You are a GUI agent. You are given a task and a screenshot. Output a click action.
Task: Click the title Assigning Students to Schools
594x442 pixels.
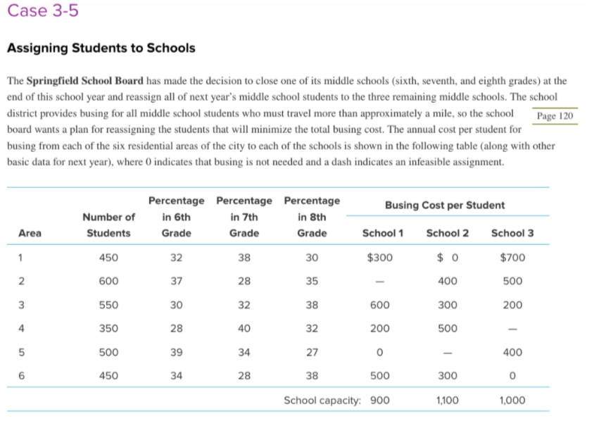pos(101,49)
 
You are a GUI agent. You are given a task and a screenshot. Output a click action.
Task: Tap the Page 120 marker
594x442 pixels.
pos(555,116)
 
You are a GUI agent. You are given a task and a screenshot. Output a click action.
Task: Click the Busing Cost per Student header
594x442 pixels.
pos(445,205)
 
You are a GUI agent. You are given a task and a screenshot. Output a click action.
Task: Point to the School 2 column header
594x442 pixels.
pos(447,233)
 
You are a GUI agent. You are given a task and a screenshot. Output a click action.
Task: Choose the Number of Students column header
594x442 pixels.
pos(108,225)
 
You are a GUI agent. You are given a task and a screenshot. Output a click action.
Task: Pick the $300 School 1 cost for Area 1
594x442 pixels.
pos(379,258)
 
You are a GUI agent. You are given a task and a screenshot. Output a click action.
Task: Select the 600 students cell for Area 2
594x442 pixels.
pos(108,281)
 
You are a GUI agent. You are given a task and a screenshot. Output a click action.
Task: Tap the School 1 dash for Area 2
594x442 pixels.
pos(380,282)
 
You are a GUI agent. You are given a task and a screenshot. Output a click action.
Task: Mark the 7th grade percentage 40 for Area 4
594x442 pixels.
pos(244,328)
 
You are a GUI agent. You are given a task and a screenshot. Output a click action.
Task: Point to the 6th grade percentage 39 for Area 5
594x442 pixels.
pos(176,352)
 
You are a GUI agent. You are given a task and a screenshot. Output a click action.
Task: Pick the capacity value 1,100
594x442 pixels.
pos(447,400)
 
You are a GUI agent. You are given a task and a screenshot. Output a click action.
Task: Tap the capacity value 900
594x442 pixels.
pos(380,400)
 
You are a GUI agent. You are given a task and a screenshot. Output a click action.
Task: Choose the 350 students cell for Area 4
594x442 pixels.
pos(108,328)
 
